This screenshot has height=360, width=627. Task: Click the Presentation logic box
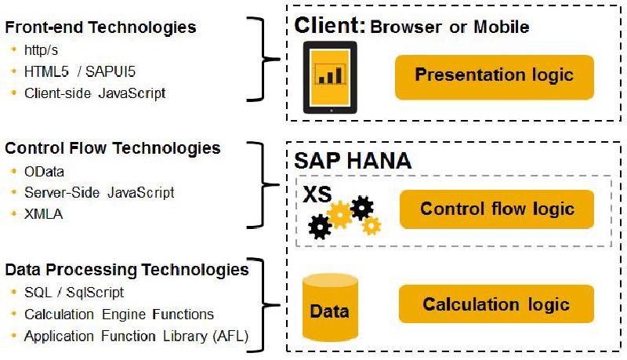click(x=494, y=76)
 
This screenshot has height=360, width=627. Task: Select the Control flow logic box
click(x=497, y=209)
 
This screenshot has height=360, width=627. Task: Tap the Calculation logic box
click(x=496, y=304)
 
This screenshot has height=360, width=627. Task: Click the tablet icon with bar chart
click(x=329, y=76)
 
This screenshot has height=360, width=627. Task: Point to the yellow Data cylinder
click(x=329, y=308)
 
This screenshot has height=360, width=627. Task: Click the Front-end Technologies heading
click(x=101, y=27)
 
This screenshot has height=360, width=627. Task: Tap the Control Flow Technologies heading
click(x=113, y=147)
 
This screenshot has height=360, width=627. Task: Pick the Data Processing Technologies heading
click(x=127, y=270)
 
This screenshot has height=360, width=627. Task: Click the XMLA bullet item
click(x=44, y=212)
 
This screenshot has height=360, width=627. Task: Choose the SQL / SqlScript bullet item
click(x=74, y=293)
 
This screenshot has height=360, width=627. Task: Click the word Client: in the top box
click(x=330, y=26)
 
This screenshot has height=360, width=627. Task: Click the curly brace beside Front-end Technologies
click(x=267, y=59)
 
